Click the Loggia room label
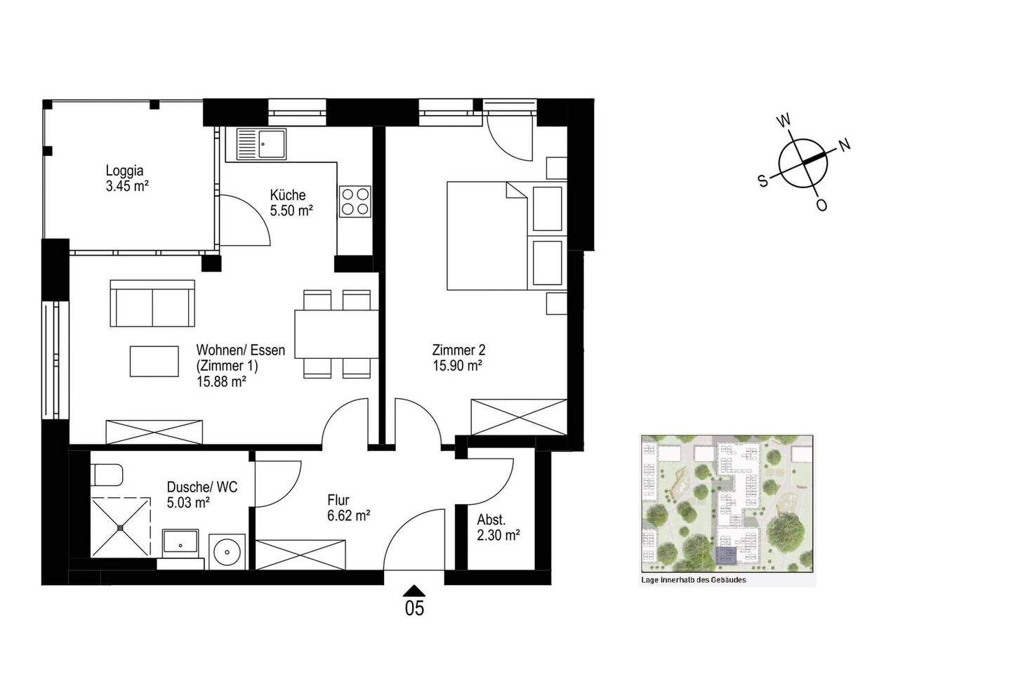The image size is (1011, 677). pos(124,171)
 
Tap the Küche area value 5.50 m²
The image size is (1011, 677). pos(291,210)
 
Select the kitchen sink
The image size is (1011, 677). pos(261,144)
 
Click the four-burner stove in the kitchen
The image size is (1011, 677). pos(355,202)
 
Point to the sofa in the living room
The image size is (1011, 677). pos(152,303)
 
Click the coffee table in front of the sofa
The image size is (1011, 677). pos(154,361)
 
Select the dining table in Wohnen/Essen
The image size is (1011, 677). pos(336,334)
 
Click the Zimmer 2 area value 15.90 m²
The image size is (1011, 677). pos(458,366)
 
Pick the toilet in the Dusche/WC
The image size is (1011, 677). pos(107,475)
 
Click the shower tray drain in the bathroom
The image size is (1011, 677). pos(121,527)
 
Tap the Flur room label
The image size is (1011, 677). pos(338,500)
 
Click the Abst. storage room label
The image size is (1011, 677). pos(491,520)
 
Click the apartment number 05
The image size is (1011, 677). pos(414,608)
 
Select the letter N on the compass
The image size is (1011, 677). pos(845,145)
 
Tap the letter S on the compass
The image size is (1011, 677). pos(762,181)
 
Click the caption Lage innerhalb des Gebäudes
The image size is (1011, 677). pos(694,580)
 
